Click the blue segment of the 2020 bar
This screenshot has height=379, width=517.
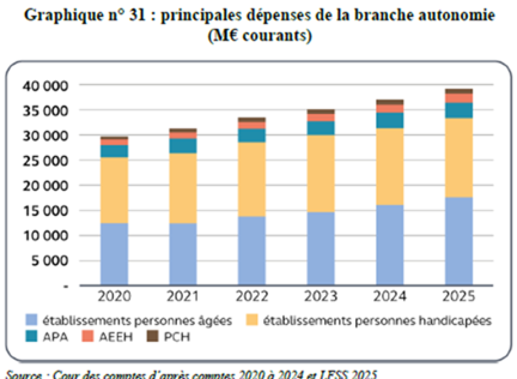point(114,254)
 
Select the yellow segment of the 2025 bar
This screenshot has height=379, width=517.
point(459,158)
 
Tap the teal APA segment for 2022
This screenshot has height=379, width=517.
point(252,135)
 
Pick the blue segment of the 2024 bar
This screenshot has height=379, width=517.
point(390,245)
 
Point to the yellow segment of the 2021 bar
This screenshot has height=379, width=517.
point(183,188)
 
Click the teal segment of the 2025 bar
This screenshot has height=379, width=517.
point(459,111)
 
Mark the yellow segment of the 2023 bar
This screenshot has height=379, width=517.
point(321,173)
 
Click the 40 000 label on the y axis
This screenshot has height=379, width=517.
point(44,85)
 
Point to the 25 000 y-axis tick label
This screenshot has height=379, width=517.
point(44,161)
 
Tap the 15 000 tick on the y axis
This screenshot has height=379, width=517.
point(44,211)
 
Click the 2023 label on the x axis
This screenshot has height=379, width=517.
point(321,297)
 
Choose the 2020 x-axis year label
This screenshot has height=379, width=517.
point(114,297)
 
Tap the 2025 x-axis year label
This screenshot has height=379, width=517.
point(459,297)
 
